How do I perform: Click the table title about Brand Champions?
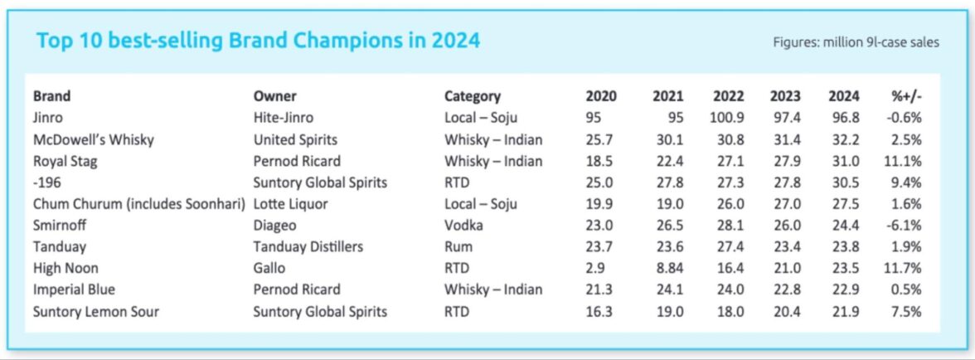258,40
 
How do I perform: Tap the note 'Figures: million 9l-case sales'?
856,42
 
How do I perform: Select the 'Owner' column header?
274,96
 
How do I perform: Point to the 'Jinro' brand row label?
49,118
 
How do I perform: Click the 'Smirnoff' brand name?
60,225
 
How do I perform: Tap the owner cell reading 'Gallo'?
269,268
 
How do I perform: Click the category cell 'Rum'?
458,246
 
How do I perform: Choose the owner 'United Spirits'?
295,139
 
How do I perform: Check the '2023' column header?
784,96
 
